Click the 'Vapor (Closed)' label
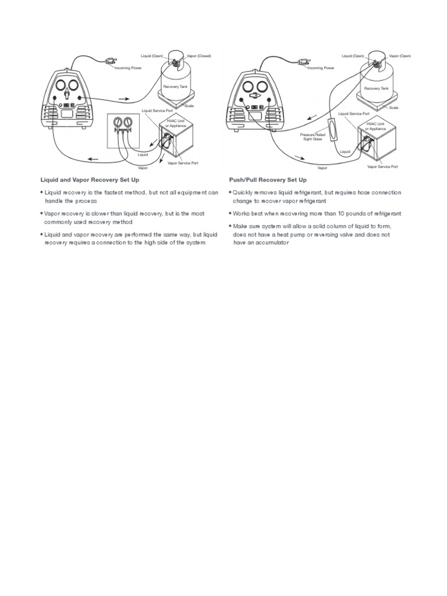click(x=199, y=56)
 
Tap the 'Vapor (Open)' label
click(x=399, y=56)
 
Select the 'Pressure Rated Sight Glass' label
click(x=313, y=136)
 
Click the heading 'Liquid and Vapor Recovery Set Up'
click(x=89, y=180)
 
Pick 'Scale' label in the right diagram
click(x=394, y=108)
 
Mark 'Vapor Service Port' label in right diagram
click(x=382, y=166)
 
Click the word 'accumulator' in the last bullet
click(x=270, y=242)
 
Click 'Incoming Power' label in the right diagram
click(x=321, y=68)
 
